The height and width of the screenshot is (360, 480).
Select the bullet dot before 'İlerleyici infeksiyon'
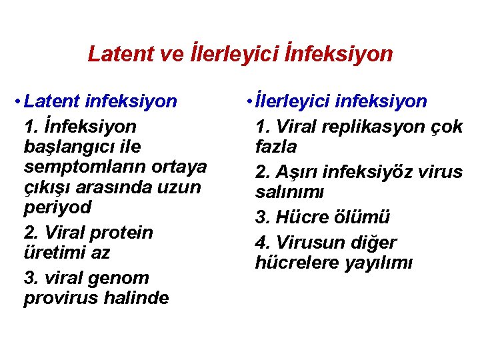(247, 102)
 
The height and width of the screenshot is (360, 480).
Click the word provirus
(60, 298)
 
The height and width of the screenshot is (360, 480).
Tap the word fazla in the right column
(276, 147)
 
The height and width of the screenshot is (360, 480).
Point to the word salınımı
(289, 192)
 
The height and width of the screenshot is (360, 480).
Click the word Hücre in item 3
(298, 217)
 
